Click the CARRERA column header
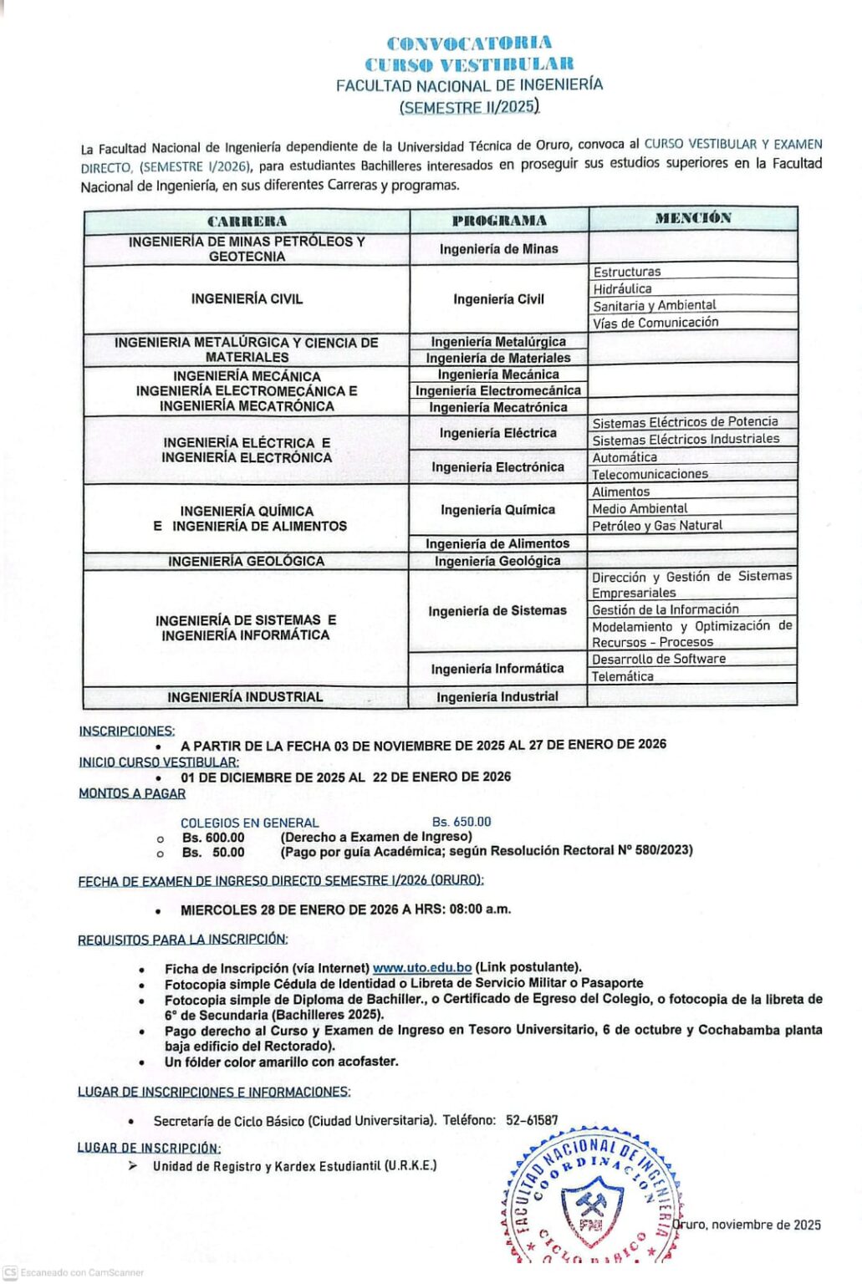tap(247, 221)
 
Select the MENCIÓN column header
tap(693, 218)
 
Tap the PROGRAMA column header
tap(499, 221)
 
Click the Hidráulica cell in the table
tap(623, 288)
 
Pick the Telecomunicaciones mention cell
tap(650, 474)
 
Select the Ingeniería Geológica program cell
tap(497, 561)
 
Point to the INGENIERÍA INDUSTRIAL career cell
tap(245, 696)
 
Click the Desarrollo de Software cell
tap(659, 659)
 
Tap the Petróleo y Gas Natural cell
tap(657, 525)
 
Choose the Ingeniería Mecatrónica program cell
tap(498, 407)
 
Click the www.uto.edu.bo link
tap(422, 968)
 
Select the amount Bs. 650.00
tap(462, 822)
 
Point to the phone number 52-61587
tap(532, 1120)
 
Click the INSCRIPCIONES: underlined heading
tap(127, 731)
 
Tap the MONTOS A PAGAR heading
tap(132, 793)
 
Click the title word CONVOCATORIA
tap(469, 43)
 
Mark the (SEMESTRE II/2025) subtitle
tap(469, 107)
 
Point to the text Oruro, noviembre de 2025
tap(747, 1225)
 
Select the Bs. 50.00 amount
tap(213, 852)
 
